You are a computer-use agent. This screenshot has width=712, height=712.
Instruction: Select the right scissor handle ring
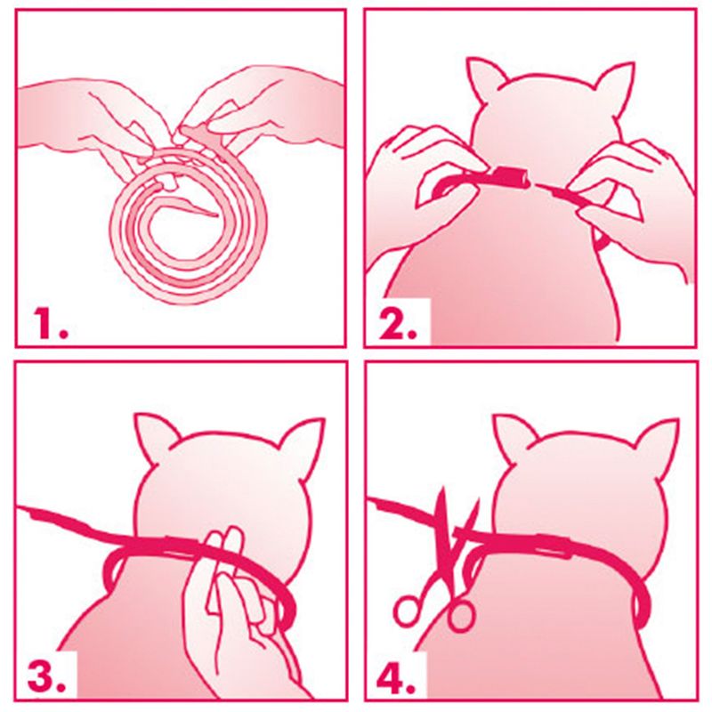pos(460,614)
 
